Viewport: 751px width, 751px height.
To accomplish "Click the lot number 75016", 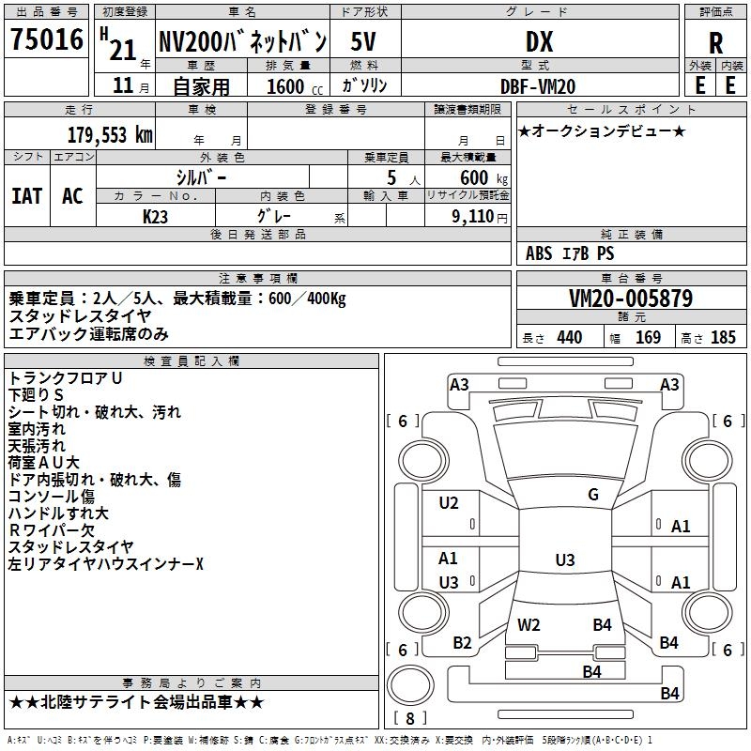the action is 47,39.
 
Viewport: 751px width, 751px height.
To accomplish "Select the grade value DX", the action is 539,41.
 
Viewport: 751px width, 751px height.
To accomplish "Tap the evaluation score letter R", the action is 715,43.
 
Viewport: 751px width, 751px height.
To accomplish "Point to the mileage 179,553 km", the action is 110,135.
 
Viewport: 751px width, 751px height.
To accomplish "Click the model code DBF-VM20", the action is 538,86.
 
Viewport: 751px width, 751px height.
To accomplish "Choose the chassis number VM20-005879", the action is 631,299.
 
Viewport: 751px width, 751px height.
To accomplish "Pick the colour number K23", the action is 155,217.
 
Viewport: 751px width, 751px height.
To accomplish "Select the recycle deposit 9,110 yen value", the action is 480,217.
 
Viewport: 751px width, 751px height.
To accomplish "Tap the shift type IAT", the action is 27,196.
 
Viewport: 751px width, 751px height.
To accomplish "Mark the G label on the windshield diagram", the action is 593,495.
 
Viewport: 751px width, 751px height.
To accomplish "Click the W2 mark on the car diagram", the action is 529,625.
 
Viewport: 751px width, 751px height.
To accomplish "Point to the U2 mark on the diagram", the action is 449,503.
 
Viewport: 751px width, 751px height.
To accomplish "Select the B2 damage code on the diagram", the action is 462,643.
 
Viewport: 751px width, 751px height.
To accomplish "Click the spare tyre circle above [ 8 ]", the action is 410,686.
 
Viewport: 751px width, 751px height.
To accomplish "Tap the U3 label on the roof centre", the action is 565,559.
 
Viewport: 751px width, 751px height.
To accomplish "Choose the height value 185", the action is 723,338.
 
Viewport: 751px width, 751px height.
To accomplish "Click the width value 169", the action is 648,338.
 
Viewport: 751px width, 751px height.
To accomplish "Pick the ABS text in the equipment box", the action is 539,253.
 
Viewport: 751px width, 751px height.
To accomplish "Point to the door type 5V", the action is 363,41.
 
